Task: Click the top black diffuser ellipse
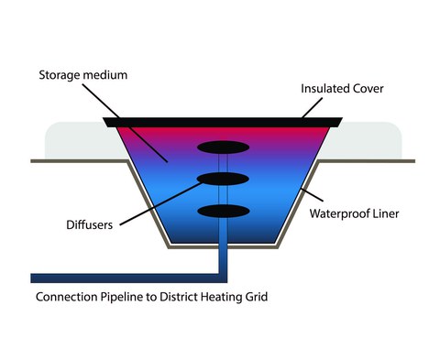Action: point(224,147)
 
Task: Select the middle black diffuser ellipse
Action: point(223,179)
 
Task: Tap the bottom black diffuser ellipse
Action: point(224,211)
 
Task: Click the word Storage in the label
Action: point(60,75)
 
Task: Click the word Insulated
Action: point(325,89)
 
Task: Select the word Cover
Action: point(368,89)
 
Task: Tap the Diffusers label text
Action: point(90,225)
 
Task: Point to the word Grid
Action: point(257,297)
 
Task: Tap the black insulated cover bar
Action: point(223,123)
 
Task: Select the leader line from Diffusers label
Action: point(161,204)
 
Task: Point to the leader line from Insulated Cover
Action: point(312,108)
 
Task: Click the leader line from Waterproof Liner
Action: point(313,195)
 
